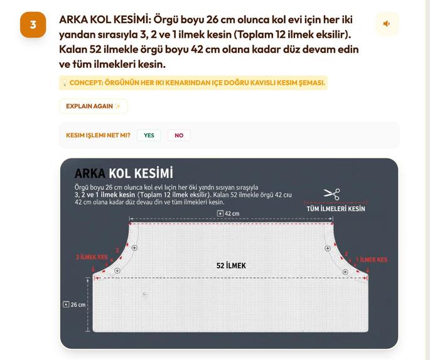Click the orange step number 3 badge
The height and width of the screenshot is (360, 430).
33,25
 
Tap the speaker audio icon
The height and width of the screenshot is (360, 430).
387,24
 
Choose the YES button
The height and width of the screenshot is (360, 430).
149,135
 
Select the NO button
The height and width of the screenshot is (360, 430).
179,135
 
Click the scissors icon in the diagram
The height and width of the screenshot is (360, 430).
332,194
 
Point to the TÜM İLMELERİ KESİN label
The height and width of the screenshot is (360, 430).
336,209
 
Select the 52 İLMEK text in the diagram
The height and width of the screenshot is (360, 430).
231,266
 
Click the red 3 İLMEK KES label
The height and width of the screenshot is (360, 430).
92,257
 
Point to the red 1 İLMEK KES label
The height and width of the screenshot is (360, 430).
372,259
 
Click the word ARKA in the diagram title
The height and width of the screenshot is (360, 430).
90,173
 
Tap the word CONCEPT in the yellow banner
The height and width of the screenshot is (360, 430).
85,83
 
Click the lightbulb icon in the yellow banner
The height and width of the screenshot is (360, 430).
65,83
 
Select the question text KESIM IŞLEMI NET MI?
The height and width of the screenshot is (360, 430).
98,135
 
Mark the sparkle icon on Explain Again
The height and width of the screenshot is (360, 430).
117,106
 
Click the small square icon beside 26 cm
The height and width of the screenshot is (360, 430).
66,304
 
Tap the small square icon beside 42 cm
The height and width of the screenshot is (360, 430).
220,213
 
